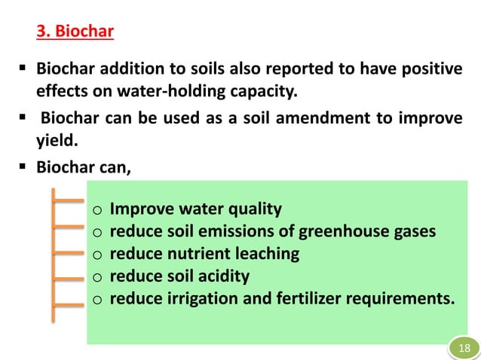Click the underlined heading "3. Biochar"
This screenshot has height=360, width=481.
pyautogui.click(x=75, y=32)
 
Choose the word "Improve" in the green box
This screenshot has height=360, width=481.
pyautogui.click(x=140, y=209)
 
